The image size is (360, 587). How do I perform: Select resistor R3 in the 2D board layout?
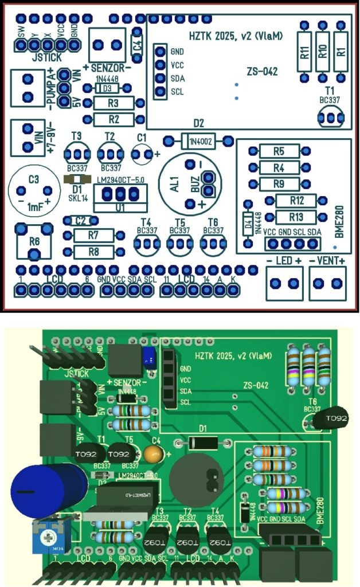point(113,103)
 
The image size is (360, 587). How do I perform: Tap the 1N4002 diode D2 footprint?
point(198,140)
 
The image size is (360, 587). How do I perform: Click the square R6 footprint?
point(34,242)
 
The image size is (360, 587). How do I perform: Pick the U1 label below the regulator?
point(119,208)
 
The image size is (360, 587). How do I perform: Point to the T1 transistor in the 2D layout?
point(330,117)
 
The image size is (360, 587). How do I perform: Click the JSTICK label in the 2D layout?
point(47,57)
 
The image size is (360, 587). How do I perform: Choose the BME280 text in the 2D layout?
point(339,224)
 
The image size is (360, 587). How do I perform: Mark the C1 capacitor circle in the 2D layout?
point(142,154)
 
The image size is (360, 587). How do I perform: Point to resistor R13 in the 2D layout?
point(296,217)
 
